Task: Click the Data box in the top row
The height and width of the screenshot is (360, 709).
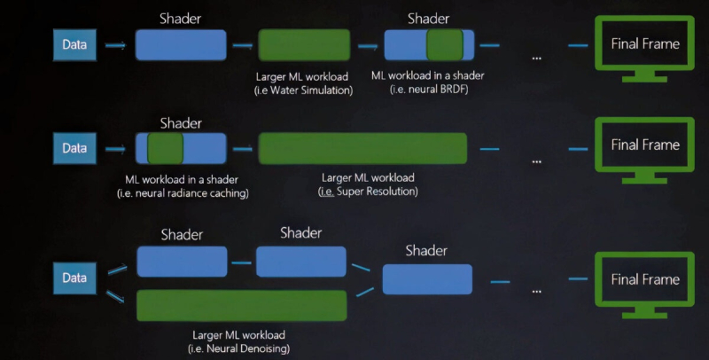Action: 74,45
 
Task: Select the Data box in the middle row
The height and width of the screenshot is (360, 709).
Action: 74,148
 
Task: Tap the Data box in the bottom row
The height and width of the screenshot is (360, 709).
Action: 74,278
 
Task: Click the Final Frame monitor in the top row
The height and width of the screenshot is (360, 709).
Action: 645,44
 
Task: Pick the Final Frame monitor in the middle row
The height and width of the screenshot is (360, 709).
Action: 645,145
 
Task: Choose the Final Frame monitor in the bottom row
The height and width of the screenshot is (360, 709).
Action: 645,279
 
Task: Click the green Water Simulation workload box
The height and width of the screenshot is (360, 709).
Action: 304,44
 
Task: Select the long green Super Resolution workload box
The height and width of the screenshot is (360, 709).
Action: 362,148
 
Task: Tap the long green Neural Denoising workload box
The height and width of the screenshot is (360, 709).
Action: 241,305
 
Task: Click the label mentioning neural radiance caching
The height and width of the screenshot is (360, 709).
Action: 183,192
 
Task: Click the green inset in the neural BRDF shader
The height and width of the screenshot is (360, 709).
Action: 444,44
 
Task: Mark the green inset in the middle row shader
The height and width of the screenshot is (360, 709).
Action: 165,148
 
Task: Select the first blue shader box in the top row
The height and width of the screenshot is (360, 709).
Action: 181,44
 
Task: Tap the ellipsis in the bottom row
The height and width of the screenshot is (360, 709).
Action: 537,289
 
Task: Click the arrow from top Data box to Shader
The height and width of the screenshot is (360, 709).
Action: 115,45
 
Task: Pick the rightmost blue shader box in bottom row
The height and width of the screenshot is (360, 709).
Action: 427,279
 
